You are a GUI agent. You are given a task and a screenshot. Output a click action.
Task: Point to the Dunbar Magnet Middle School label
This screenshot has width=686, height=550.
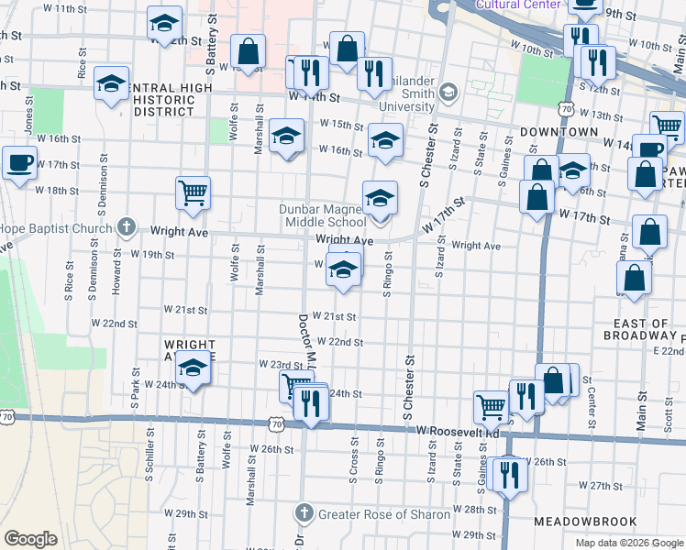tap(323, 215)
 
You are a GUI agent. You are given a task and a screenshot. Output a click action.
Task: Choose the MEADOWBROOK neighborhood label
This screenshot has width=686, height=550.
tap(579, 521)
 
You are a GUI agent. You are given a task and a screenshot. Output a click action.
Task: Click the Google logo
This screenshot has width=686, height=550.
tap(30, 539)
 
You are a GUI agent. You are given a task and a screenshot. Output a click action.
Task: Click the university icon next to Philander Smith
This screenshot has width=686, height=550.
tap(448, 91)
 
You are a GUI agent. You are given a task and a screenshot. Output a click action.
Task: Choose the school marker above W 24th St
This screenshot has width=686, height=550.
tap(193, 368)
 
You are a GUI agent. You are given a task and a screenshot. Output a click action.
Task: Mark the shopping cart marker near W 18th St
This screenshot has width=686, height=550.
tap(194, 192)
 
